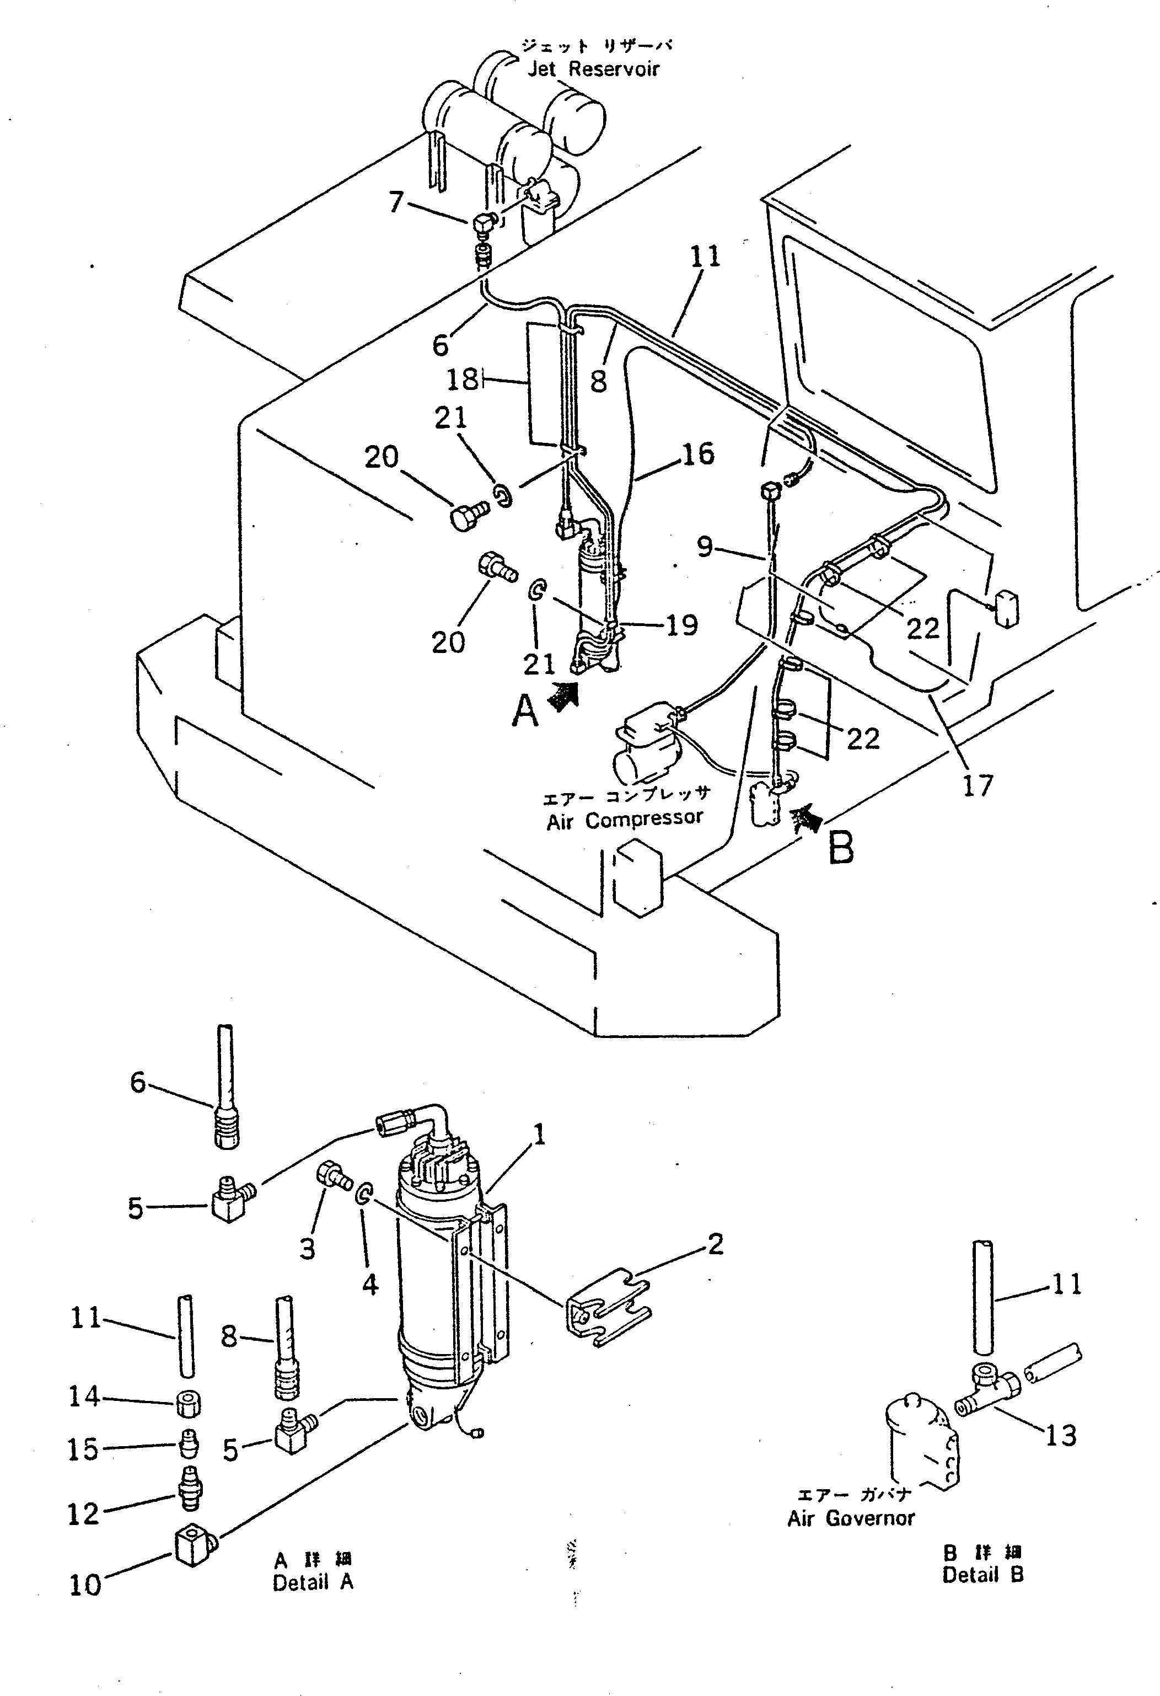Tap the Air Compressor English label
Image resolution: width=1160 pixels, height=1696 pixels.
point(625,820)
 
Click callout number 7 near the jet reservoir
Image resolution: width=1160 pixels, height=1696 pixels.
point(396,202)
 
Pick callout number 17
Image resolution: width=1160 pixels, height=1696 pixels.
point(978,786)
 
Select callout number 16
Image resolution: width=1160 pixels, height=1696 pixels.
point(697,454)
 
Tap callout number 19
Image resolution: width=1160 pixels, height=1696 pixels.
point(681,625)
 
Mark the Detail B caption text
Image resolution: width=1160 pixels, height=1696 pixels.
point(982,1575)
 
